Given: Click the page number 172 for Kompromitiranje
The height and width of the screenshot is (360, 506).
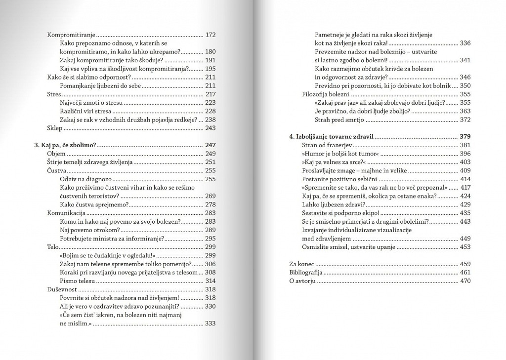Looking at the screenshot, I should pyautogui.click(x=211, y=35).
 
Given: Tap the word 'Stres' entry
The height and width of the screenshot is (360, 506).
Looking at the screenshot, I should pyautogui.click(x=54, y=94).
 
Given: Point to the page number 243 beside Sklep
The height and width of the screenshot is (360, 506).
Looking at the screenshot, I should pyautogui.click(x=211, y=128).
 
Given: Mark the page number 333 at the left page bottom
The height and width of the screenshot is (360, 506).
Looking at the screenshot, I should pyautogui.click(x=211, y=324).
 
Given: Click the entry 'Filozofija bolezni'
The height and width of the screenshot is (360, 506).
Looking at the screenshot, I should pyautogui.click(x=326, y=94).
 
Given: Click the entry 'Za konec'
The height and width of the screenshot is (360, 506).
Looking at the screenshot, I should pyautogui.click(x=301, y=263).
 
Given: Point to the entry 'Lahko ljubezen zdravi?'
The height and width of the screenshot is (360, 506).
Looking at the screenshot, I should pyautogui.click(x=334, y=204).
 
